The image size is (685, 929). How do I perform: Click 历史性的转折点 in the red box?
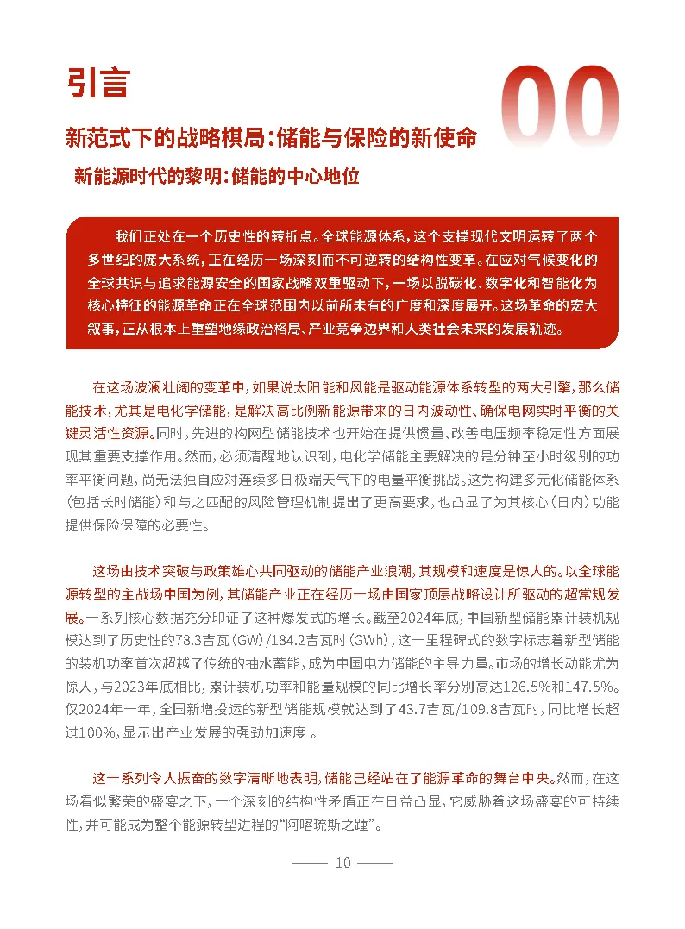pyautogui.click(x=263, y=236)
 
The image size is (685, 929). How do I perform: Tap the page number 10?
pyautogui.click(x=342, y=863)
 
